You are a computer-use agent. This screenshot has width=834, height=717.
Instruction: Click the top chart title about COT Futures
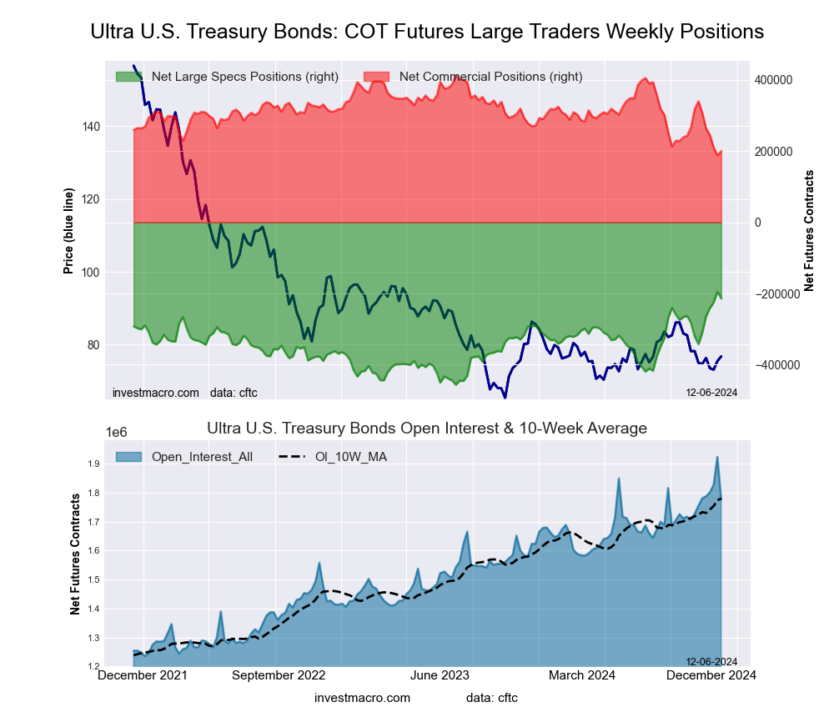[426, 32]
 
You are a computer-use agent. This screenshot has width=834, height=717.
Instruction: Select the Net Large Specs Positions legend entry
[227, 77]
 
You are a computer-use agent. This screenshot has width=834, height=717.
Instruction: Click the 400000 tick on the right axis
[772, 80]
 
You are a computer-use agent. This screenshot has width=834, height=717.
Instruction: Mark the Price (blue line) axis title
[69, 232]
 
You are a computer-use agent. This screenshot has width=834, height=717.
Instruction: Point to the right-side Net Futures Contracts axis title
[809, 230]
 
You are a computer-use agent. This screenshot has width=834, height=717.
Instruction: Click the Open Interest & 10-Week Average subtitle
[426, 429]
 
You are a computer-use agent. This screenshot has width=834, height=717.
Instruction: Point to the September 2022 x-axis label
[278, 675]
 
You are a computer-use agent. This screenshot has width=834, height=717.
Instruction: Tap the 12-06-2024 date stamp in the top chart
[711, 392]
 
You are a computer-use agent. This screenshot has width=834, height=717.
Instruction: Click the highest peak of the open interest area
[717, 457]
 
